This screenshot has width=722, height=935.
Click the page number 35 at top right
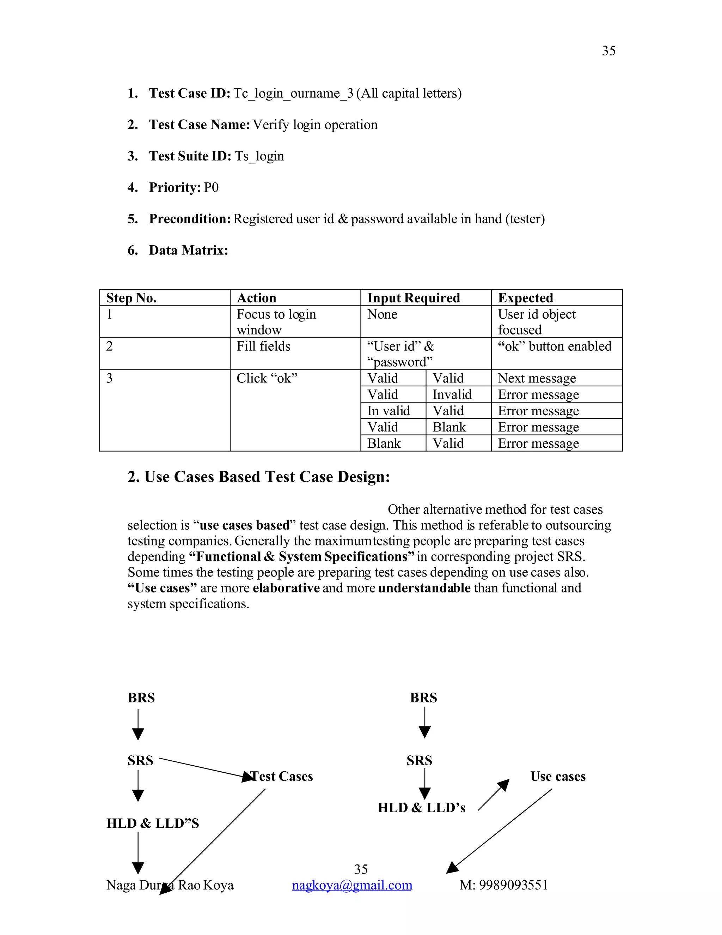[608, 51]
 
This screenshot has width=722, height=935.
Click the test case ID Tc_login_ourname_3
[293, 93]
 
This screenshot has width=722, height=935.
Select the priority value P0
[211, 187]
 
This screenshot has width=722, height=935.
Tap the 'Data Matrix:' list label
[188, 251]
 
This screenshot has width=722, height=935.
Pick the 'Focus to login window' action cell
[276, 322]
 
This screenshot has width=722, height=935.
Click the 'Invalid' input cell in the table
[452, 395]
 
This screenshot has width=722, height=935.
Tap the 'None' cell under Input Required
[382, 315]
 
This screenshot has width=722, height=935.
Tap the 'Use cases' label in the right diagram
[557, 776]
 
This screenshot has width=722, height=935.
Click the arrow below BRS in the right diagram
[424, 723]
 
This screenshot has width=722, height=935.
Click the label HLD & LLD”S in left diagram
[153, 823]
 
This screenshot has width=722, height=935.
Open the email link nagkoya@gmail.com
[351, 885]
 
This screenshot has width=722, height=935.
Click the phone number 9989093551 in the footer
[513, 885]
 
